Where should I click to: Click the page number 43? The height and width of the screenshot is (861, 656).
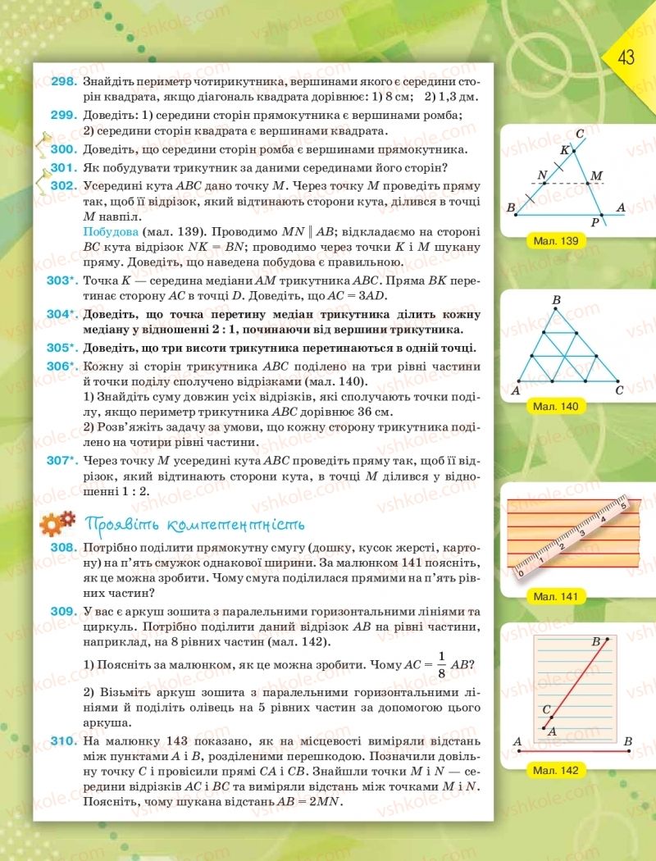[x=626, y=58]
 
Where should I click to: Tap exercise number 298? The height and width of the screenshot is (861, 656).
[x=62, y=82]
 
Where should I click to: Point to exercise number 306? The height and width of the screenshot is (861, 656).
[x=63, y=367]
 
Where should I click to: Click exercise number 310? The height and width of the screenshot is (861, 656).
[x=62, y=741]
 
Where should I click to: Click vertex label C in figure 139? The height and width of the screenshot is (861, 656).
[x=580, y=134]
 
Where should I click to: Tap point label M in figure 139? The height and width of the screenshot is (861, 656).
[x=596, y=175]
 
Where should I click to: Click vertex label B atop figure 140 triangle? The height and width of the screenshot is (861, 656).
[x=556, y=301]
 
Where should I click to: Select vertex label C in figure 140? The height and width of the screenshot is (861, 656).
[x=619, y=390]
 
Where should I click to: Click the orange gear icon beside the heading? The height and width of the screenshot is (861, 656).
[x=57, y=522]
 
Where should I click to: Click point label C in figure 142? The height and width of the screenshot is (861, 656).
[x=546, y=710]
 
